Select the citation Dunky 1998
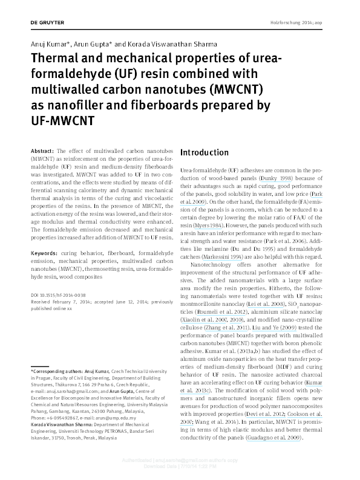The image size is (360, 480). coord(277,179)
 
